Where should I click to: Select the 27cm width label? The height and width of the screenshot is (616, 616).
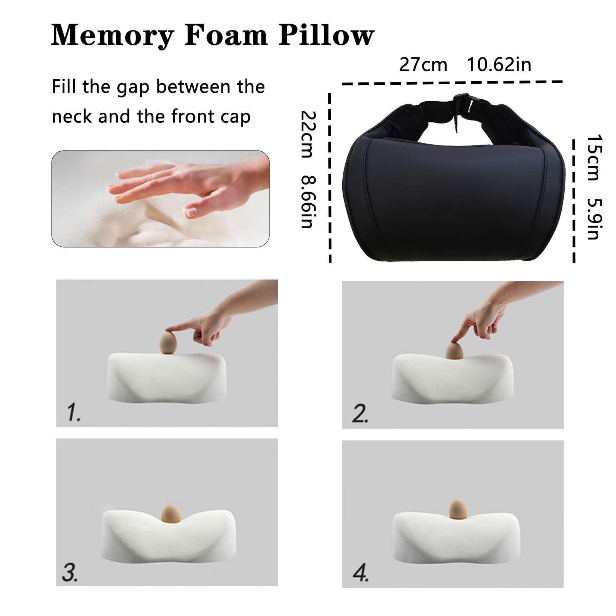[x=423, y=65]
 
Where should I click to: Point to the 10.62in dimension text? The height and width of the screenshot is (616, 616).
[x=499, y=64]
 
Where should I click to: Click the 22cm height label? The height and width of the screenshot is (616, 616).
[x=308, y=134]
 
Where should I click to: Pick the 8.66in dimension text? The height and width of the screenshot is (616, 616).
[x=308, y=202]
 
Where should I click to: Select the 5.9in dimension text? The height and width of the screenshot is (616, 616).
[x=593, y=219]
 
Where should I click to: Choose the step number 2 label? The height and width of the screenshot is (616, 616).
[x=360, y=414]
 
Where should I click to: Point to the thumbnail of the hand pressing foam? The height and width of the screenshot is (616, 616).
[x=161, y=199]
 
